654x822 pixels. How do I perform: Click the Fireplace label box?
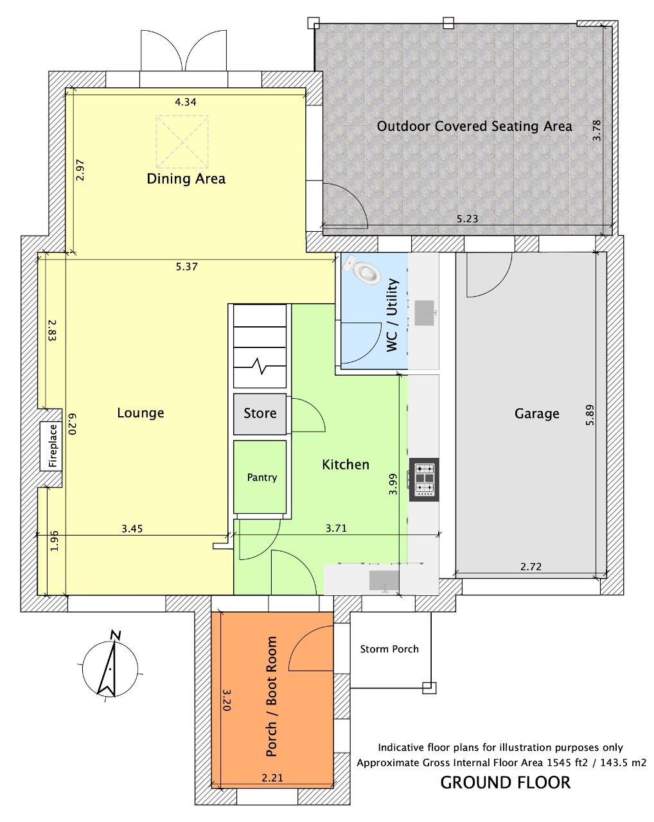[x=51, y=446]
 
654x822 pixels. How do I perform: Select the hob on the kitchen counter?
[x=423, y=479]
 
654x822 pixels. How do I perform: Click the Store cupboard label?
[x=260, y=413]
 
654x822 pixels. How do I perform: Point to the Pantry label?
[x=262, y=477]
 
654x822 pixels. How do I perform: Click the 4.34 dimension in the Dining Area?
[x=186, y=102]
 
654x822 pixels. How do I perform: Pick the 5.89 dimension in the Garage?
[x=590, y=415]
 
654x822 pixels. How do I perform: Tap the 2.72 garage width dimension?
[x=531, y=566]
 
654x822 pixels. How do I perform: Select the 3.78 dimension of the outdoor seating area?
[x=596, y=130]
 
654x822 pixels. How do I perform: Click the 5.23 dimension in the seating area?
[x=467, y=219]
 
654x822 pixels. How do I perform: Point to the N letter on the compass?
[x=115, y=636]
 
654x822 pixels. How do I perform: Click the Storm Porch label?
[x=389, y=649]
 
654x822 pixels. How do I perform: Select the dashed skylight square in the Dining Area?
[x=182, y=142]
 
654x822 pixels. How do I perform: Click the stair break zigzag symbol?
[x=260, y=366]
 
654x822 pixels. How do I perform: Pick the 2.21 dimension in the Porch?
[x=272, y=778]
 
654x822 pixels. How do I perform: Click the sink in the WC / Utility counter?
[x=424, y=313]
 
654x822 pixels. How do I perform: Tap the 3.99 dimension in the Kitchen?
[x=393, y=484]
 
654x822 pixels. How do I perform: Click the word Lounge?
[x=141, y=413]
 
